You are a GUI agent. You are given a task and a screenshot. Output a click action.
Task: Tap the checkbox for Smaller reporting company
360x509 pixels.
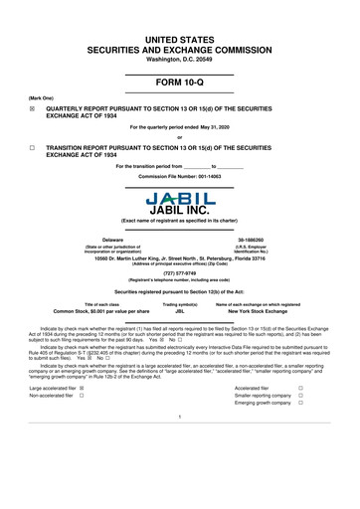tap(328, 425)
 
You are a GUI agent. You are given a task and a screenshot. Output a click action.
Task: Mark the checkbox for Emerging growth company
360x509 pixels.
tap(328, 435)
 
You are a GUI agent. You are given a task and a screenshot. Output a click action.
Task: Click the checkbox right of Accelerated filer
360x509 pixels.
tap(328, 417)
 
